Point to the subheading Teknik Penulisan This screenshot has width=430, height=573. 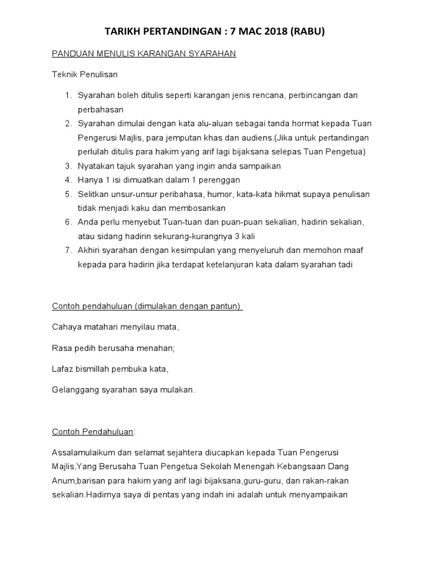pyautogui.click(x=85, y=74)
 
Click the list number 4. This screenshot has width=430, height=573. pyautogui.click(x=67, y=180)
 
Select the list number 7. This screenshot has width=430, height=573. pyautogui.click(x=67, y=251)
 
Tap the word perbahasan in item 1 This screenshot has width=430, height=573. pyautogui.click(x=101, y=110)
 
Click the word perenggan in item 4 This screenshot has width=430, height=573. pyautogui.click(x=220, y=180)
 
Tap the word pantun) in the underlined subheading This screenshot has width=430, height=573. pyautogui.click(x=227, y=306)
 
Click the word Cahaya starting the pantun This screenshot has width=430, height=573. pyautogui.click(x=66, y=327)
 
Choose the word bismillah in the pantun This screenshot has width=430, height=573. pyautogui.click(x=101, y=369)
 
